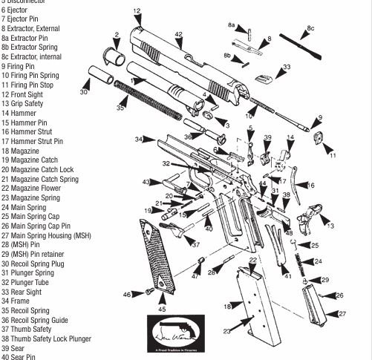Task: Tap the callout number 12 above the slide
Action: (137, 11)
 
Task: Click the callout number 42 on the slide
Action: (178, 35)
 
